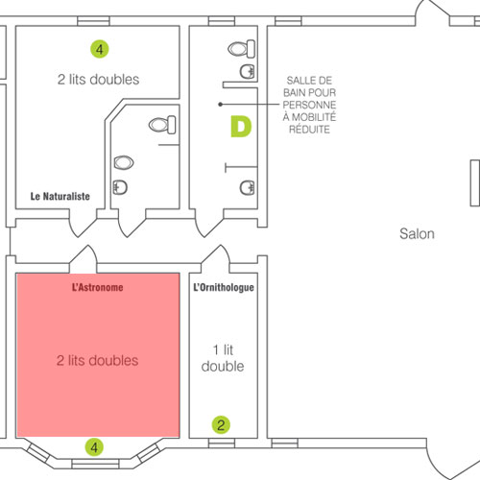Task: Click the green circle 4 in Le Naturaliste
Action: click(100, 49)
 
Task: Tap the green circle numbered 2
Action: click(221, 425)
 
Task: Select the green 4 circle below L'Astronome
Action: click(94, 447)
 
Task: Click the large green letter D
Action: click(241, 127)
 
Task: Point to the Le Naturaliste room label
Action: click(60, 196)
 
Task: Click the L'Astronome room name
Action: click(98, 287)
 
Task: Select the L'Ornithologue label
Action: click(224, 287)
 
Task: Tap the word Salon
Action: click(417, 234)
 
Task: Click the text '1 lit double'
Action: click(223, 358)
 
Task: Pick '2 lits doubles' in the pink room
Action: click(98, 361)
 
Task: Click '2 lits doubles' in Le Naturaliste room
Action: click(98, 80)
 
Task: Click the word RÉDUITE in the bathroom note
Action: click(309, 130)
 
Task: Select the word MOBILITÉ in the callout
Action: click(314, 117)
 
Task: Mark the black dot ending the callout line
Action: click(220, 105)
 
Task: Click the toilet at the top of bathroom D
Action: click(242, 49)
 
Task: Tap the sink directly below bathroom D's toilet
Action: click(248, 71)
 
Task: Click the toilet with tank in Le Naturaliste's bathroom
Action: click(162, 125)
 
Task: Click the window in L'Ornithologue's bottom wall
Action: click(222, 444)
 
